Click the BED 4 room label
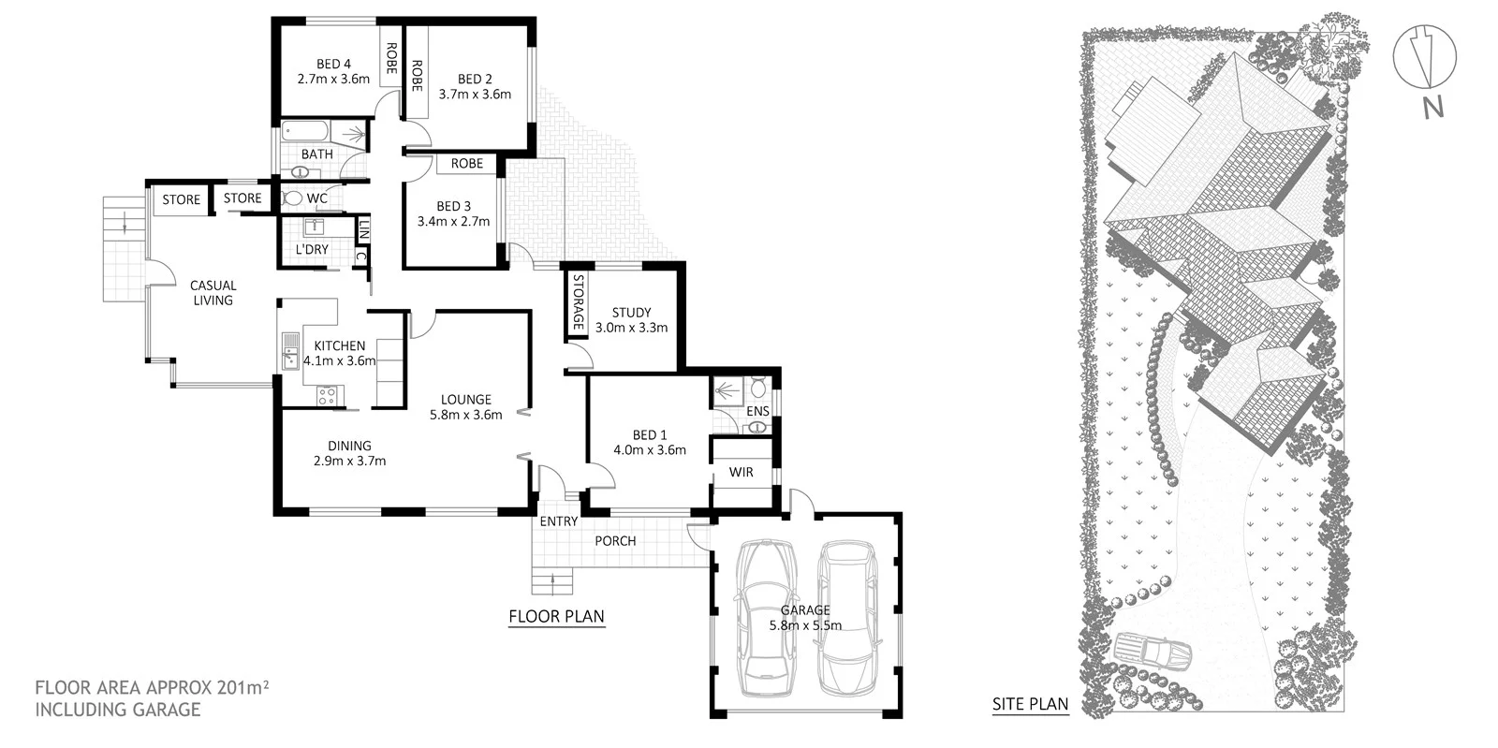pos(329,64)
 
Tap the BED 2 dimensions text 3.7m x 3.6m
pos(475,94)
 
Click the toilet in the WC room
pos(292,198)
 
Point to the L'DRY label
pos(312,249)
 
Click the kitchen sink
pos(289,351)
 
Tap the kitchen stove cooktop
pos(326,396)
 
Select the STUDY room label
pos(631,313)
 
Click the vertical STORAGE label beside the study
pos(579,301)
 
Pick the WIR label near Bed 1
pos(742,472)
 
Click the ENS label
pos(758,411)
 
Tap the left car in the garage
pos(768,618)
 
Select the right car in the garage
pos(847,618)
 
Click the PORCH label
pos(615,541)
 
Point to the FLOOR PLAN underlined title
pos(556,616)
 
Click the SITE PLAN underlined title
pos(1030,704)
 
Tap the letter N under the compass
pos(1432,108)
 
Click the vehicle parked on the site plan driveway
pos(1153,652)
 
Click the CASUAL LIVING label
pos(213,292)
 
